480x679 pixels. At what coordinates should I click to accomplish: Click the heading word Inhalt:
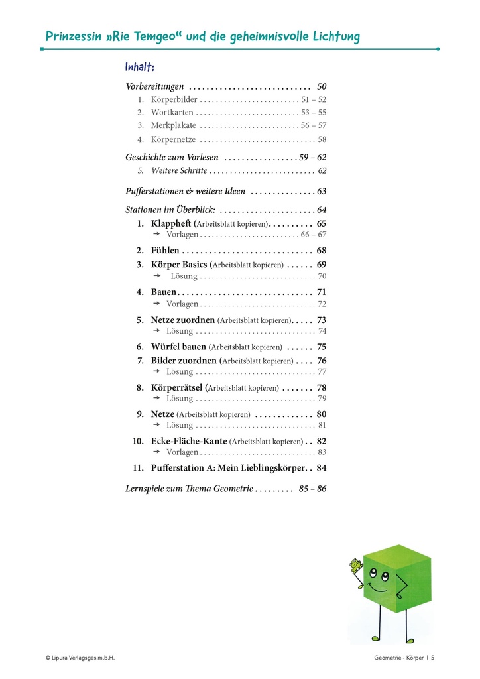point(140,68)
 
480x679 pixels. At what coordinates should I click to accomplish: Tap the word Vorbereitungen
point(154,86)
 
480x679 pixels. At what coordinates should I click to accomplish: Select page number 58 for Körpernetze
point(322,140)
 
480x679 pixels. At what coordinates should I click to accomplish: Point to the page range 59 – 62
point(313,158)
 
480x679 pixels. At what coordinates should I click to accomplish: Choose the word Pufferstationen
point(156,192)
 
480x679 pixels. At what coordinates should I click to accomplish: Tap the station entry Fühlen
point(165,251)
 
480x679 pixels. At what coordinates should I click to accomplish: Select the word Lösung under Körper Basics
point(184,276)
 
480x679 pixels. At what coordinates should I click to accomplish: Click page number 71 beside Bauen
point(322,292)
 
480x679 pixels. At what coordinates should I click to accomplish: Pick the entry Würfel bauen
point(178,347)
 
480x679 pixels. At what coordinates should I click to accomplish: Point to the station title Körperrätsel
point(177,387)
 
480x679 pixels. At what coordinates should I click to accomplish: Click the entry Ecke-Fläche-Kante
point(189,441)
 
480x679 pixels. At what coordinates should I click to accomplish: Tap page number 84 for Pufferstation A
point(322,468)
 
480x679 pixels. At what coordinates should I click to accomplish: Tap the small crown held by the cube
point(356,565)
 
